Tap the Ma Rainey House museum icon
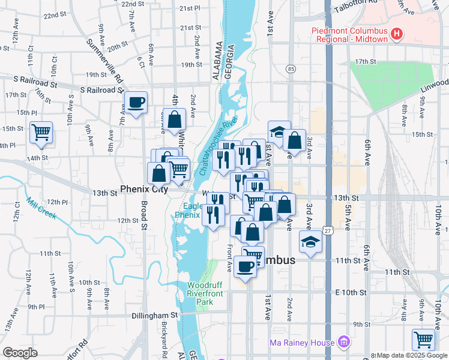click(343, 343)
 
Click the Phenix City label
click(143, 189)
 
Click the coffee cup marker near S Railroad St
click(136, 103)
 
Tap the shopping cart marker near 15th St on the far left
click(41, 132)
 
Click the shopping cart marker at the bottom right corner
click(424, 340)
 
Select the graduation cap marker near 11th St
click(310, 241)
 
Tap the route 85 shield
click(291, 70)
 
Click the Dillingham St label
click(155, 314)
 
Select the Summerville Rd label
click(104, 61)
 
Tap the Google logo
click(20, 353)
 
